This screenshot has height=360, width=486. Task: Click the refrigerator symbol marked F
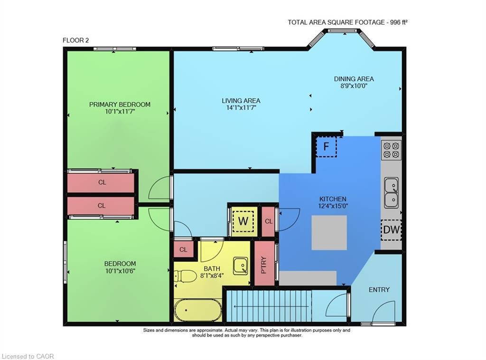coord(326,146)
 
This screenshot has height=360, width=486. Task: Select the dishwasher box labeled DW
coord(391,230)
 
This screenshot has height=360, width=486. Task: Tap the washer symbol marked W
coord(243,221)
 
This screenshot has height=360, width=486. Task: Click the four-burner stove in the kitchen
coord(392,149)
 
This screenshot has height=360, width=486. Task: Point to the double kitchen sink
coord(392,192)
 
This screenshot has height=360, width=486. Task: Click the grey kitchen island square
coord(329,233)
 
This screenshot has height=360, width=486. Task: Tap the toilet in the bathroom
coord(185,276)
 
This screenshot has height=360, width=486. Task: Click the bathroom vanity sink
coord(240,265)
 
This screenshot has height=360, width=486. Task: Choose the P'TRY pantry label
coord(264,265)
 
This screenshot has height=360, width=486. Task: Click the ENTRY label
coord(379,290)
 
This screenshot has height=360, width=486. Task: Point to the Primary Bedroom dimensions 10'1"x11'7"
coord(120,112)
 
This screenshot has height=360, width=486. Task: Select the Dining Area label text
coord(354,79)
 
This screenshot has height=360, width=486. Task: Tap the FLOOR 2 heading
coord(76,40)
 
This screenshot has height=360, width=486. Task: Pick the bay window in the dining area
coord(342,32)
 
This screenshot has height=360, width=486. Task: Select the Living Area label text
coord(241,101)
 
